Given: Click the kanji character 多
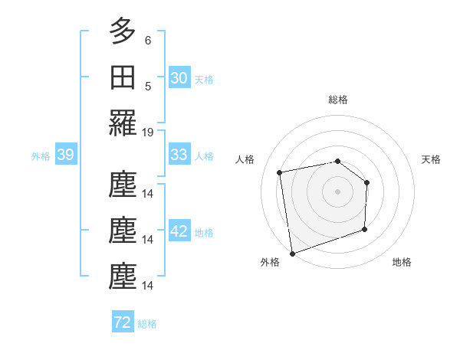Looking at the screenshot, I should [123, 31].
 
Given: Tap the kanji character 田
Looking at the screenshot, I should [123, 77].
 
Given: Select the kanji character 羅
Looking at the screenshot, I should [123, 123].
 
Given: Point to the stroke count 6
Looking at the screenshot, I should [147, 40].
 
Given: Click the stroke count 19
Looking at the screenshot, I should [148, 132].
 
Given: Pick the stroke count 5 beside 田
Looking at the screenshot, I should [147, 86].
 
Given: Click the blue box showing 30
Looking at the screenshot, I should [179, 78].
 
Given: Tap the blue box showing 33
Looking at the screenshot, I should [179, 155].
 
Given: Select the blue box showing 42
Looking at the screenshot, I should [179, 231].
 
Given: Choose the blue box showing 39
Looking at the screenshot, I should [65, 155].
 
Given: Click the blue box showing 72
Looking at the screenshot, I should [122, 322].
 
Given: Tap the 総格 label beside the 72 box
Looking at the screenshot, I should [147, 324].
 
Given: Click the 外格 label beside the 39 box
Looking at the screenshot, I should [41, 156].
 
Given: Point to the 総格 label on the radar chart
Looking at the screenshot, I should [338, 100].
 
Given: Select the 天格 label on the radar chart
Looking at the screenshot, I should [432, 159].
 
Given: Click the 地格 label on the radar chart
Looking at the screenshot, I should [402, 262].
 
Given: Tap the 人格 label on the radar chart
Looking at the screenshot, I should [245, 159].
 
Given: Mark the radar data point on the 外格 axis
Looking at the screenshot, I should [292, 253].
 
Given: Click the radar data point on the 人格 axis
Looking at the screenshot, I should [280, 172].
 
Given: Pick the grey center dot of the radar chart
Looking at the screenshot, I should [337, 191].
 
